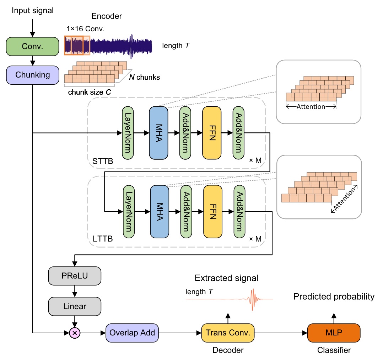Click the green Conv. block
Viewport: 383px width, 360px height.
[32, 46]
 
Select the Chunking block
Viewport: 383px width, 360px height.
[32, 75]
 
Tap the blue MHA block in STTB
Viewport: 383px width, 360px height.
[158, 132]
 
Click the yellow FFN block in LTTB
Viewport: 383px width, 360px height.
[213, 212]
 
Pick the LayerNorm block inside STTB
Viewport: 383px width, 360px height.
[128, 132]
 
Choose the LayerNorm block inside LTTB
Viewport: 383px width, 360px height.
[129, 212]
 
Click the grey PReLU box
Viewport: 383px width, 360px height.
[75, 276]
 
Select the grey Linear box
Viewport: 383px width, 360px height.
[75, 306]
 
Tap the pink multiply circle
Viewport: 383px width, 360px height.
[75, 333]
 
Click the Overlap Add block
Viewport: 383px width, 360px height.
[132, 333]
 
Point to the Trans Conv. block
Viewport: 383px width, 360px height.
[228, 333]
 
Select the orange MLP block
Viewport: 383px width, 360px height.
[334, 333]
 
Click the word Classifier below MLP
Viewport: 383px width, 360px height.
[334, 350]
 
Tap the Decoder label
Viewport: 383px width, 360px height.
[228, 350]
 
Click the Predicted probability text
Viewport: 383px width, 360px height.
[334, 296]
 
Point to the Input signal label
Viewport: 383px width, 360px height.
[33, 11]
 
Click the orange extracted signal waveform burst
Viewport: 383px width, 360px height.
[253, 299]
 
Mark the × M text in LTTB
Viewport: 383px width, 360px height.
[255, 239]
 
